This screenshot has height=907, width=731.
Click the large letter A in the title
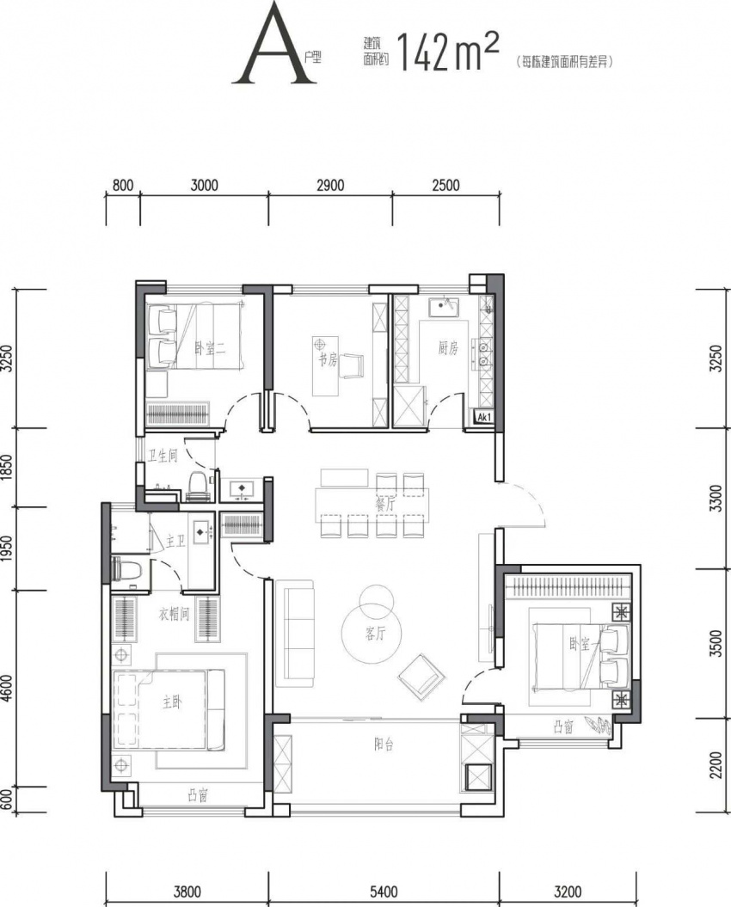pos(273,48)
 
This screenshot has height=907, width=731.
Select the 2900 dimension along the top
pos(330,185)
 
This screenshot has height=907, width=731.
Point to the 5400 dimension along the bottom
pos(383,892)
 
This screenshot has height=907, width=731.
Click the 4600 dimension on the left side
pos(7,688)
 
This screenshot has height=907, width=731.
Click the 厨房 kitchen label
pos(448,348)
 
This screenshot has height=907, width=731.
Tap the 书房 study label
pos(327,361)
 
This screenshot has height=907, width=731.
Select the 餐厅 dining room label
pos(384,504)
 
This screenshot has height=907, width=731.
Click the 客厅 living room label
pos(375,634)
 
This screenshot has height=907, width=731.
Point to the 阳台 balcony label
pos(384,745)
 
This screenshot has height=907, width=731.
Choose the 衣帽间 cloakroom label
pos(174,615)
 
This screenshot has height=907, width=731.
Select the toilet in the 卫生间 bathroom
pos(197,485)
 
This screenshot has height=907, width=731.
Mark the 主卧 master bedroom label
pos(172,702)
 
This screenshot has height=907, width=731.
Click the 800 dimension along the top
pos(123,186)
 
